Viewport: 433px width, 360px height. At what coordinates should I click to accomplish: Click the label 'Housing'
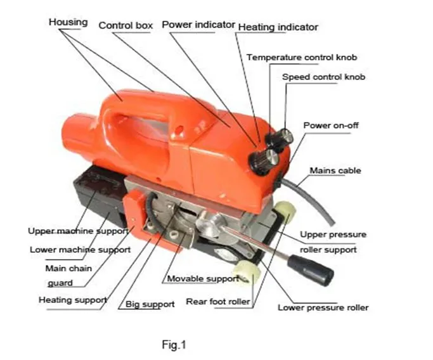point(68,22)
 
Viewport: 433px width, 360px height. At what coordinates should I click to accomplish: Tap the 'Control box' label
point(126,25)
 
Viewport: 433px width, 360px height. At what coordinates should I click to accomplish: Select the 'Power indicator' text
point(198,25)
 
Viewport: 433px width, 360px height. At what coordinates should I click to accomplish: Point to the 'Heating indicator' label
point(278,27)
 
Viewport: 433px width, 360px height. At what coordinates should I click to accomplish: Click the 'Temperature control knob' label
point(302,57)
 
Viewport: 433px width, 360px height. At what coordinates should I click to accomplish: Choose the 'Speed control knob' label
point(323,77)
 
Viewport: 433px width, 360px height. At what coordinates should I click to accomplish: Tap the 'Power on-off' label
point(330,125)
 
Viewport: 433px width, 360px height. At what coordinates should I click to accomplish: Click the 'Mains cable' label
point(335,170)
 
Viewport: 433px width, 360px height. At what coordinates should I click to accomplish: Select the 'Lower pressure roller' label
point(323,307)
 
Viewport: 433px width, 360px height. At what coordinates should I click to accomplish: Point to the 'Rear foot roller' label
point(217,302)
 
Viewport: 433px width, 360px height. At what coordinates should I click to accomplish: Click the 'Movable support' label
point(203,278)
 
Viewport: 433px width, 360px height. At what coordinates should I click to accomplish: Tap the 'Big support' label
point(150,304)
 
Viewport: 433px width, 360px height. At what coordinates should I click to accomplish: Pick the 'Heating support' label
point(72,300)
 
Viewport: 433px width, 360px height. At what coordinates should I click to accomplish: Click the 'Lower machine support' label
point(80,250)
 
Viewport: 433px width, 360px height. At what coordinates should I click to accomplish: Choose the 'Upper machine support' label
point(78,231)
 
